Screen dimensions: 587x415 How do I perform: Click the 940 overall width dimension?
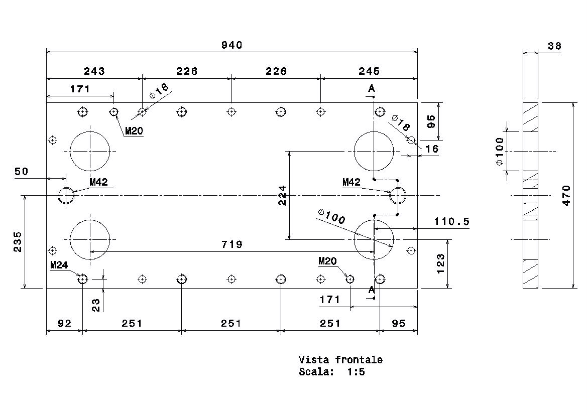[231, 45]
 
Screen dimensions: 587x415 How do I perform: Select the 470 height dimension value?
[566, 195]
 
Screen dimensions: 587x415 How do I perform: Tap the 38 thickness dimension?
[554, 46]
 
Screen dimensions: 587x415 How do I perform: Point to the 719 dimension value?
[231, 244]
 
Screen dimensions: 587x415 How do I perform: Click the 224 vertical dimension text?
[282, 195]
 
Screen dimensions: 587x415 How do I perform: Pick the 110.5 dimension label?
[451, 221]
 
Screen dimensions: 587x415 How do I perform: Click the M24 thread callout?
[59, 265]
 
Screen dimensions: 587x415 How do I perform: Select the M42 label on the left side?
[98, 182]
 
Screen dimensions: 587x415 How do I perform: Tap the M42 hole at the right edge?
[398, 195]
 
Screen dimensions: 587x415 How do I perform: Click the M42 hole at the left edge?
[66, 195]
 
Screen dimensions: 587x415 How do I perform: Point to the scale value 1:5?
[356, 372]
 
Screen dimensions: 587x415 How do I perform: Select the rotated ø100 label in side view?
[500, 152]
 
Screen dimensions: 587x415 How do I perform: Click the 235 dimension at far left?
[18, 242]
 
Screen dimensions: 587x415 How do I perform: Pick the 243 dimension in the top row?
[94, 71]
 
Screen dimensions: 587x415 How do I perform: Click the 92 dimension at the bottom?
[64, 323]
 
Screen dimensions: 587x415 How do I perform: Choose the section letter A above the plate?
[372, 88]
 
